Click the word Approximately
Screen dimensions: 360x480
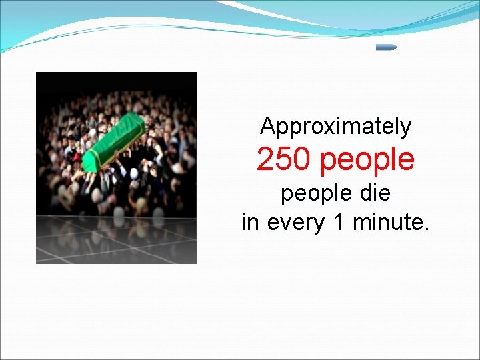(x=335, y=127)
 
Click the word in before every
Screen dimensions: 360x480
(x=250, y=222)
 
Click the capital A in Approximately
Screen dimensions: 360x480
(x=267, y=125)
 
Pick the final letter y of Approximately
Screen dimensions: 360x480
(x=406, y=128)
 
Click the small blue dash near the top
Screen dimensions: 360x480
(x=386, y=47)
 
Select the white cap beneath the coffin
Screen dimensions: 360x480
(x=134, y=173)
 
